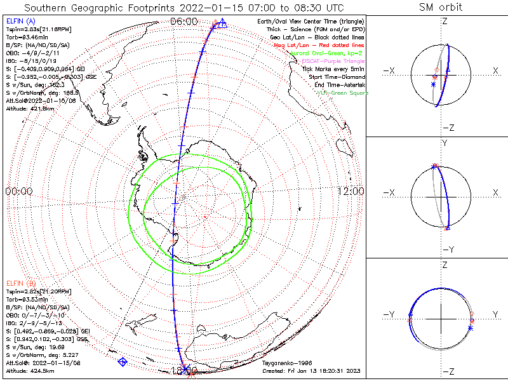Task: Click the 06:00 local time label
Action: coord(184,21)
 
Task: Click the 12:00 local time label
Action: coord(350,191)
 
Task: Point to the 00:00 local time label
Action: coord(19,191)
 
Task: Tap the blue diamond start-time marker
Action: coord(123,361)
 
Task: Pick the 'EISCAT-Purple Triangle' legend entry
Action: coord(332,60)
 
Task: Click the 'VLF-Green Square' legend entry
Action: coord(343,93)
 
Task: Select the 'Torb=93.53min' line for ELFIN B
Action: coord(26,299)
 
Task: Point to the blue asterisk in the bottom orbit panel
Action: coord(471,327)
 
